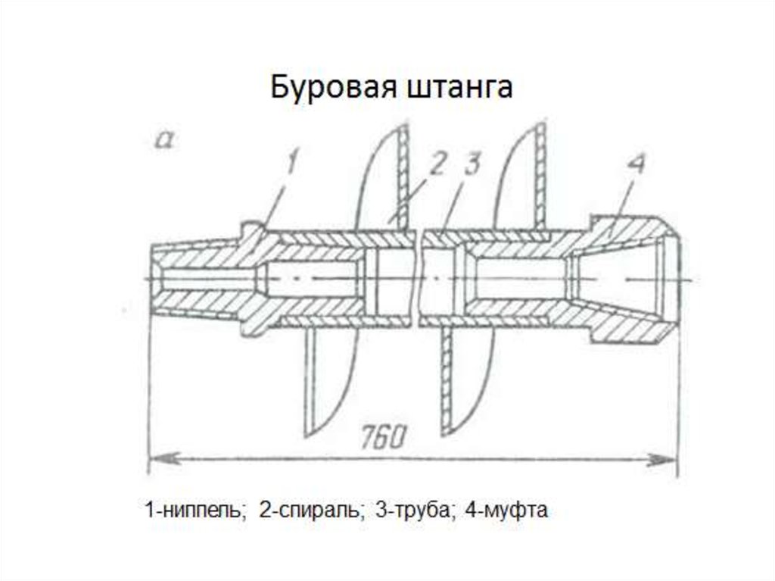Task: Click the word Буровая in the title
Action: tap(328, 88)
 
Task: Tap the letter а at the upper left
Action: tap(164, 139)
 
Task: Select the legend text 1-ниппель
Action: tap(196, 510)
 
